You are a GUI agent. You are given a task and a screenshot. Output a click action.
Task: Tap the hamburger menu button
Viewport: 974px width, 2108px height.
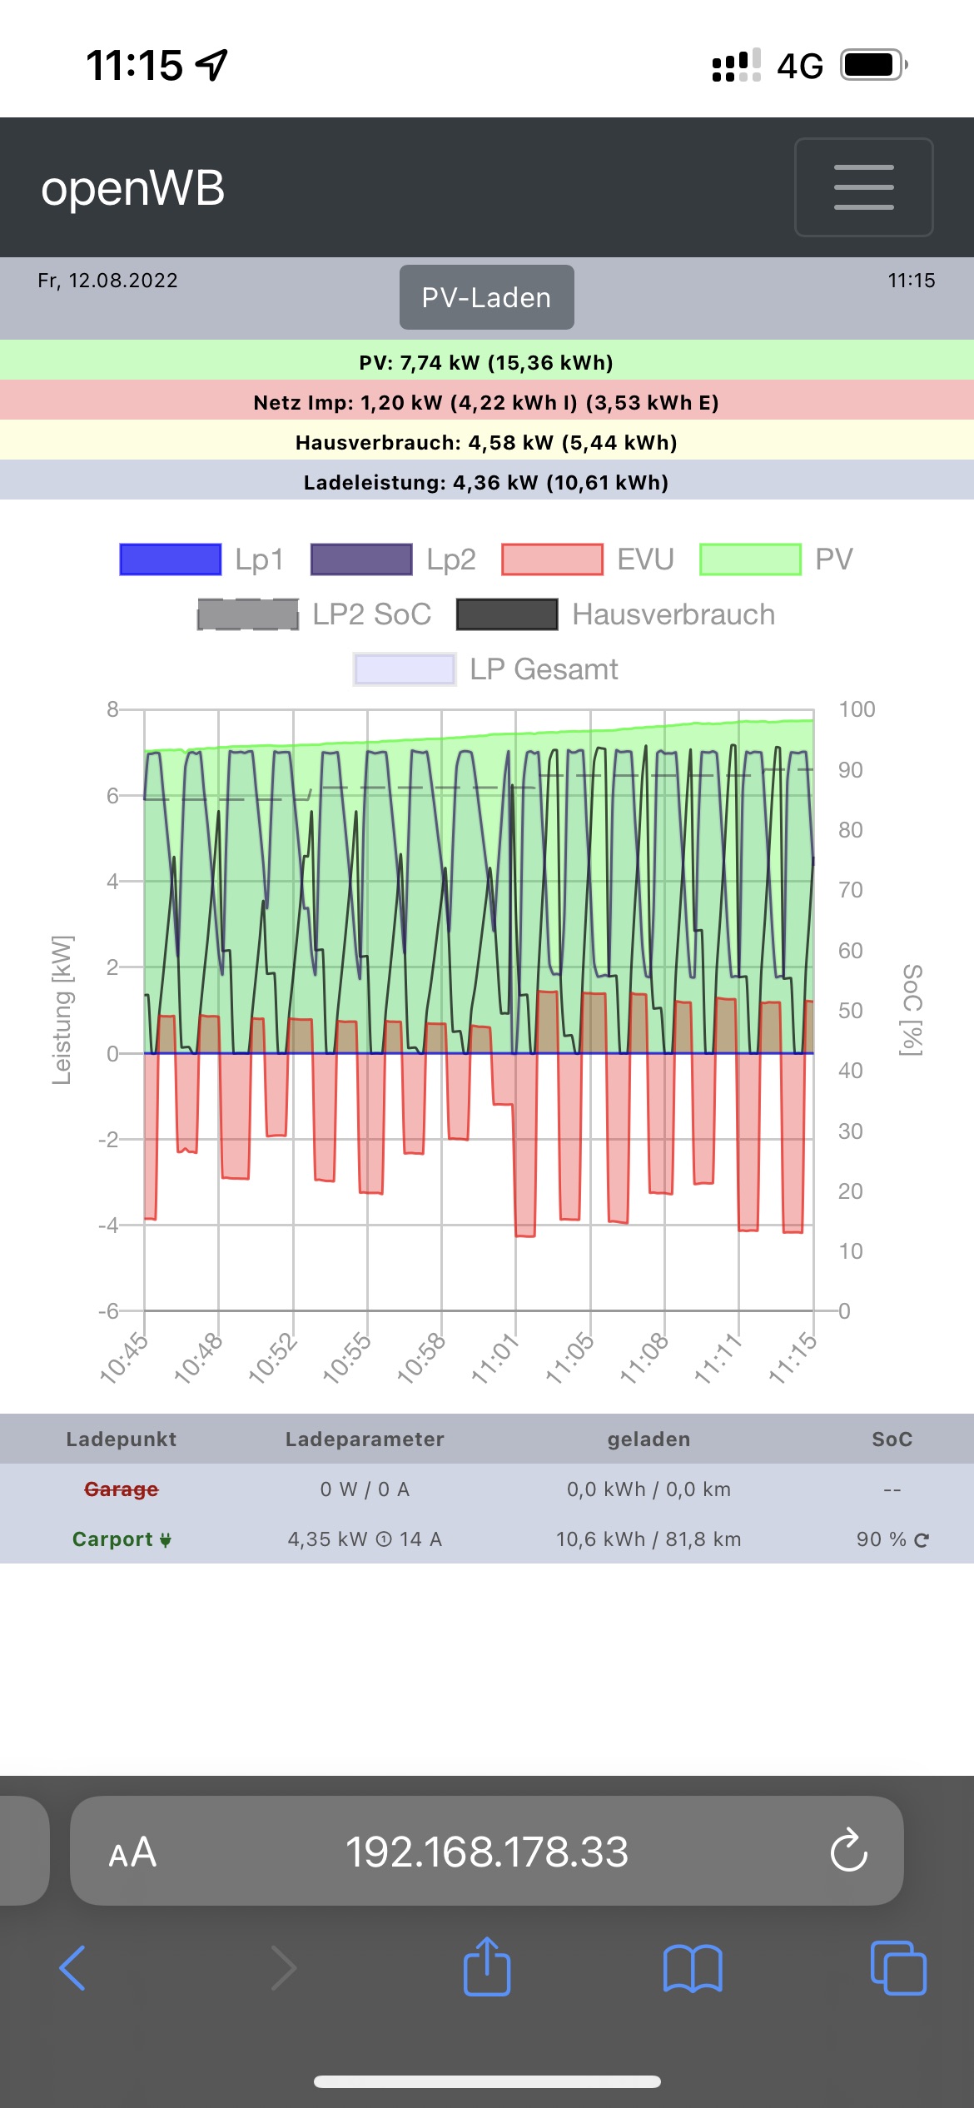click(x=863, y=187)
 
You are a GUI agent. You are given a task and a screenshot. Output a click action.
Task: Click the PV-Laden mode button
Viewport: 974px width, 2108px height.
click(x=486, y=297)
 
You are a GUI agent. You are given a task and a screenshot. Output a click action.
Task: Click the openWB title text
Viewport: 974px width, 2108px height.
click(x=133, y=188)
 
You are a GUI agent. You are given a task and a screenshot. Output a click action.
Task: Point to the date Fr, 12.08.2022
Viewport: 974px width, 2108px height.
click(x=107, y=281)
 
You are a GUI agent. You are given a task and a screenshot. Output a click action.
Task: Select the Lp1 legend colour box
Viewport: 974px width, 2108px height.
click(x=171, y=559)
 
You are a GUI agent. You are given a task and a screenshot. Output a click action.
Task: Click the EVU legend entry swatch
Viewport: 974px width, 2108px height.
click(x=552, y=559)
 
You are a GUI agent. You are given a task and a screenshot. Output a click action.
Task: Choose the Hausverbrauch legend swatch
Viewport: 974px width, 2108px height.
click(x=507, y=614)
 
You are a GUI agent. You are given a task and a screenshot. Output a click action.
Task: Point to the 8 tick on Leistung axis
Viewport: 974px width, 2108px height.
click(x=112, y=709)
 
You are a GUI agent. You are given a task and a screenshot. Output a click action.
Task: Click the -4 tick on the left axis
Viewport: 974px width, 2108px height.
click(x=108, y=1225)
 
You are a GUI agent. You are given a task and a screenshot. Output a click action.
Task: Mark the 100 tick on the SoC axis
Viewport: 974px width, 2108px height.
click(x=857, y=709)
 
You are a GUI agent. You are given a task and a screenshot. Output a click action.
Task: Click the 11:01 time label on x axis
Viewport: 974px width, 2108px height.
click(x=494, y=1358)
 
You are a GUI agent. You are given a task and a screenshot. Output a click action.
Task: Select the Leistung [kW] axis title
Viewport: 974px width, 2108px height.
click(x=62, y=1010)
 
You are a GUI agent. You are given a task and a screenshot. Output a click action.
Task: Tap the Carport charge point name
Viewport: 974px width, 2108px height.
click(x=113, y=1539)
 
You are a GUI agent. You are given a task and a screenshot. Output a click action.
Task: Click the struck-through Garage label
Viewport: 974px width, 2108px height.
click(x=122, y=1489)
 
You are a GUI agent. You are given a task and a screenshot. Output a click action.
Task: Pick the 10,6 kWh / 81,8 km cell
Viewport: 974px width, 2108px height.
click(x=649, y=1539)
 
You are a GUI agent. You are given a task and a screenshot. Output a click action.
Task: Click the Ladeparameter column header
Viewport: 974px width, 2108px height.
click(x=365, y=1439)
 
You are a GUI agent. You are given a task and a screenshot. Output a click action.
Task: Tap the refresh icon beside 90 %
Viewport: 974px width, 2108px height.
click(x=922, y=1540)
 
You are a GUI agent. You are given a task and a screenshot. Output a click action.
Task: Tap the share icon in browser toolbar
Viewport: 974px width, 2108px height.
click(x=487, y=1968)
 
